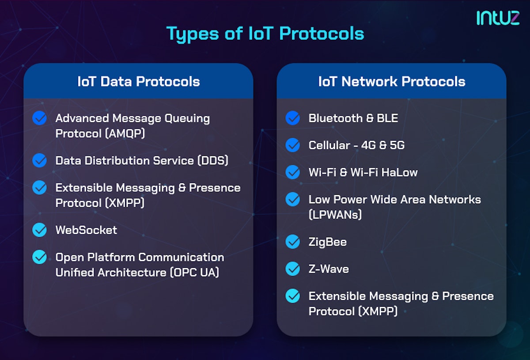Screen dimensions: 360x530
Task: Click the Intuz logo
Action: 498,18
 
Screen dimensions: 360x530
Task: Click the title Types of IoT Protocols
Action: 265,34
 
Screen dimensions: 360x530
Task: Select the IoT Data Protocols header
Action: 138,81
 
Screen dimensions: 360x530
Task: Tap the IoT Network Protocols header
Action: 391,81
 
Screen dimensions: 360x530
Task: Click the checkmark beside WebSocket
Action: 40,230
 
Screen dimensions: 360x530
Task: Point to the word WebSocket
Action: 86,230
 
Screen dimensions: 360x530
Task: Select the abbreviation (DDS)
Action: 212,160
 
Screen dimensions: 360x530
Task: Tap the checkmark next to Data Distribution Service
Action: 40,160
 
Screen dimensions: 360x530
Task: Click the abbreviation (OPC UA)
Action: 194,273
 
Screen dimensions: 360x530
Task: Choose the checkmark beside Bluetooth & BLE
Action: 292,118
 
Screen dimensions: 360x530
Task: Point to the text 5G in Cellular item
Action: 397,145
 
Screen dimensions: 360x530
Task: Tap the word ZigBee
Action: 327,242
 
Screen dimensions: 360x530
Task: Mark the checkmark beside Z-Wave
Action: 292,269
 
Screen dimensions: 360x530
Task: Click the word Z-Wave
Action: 329,269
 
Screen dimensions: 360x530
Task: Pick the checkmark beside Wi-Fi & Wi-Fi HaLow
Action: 292,172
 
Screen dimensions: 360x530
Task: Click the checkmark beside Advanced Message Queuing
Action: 40,118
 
